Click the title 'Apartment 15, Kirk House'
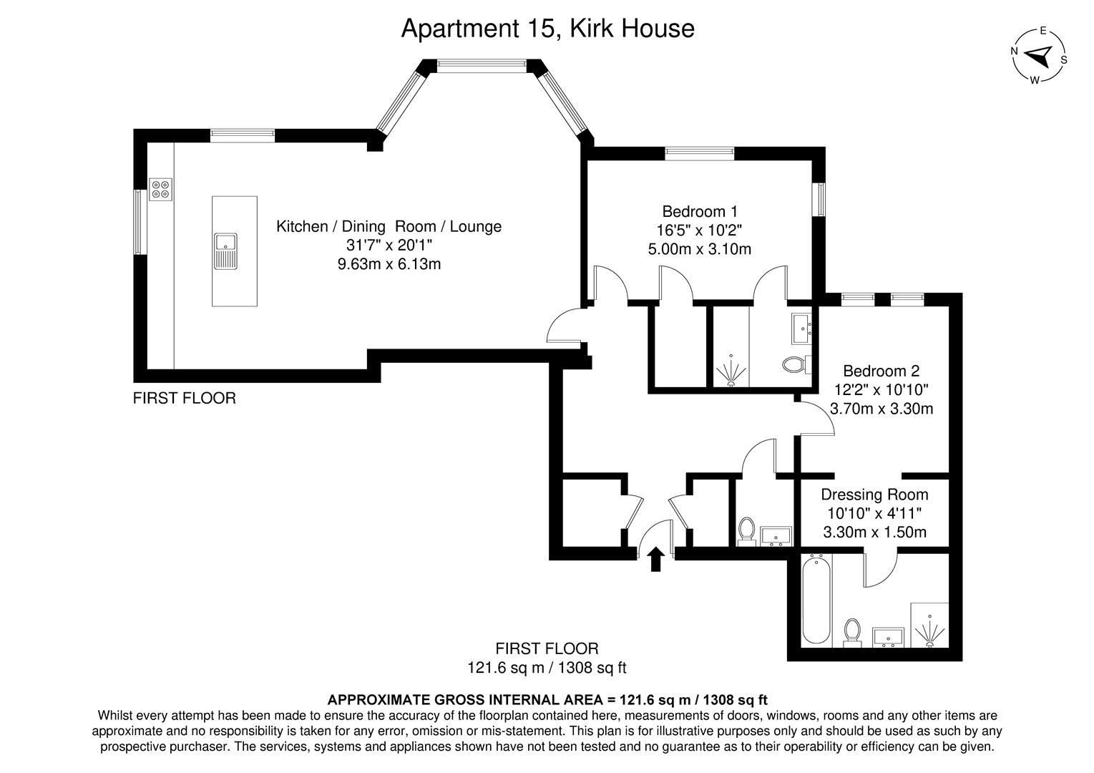pyautogui.click(x=547, y=29)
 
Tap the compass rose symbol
pyautogui.click(x=1040, y=55)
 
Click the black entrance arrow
pyautogui.click(x=655, y=560)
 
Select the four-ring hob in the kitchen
pyautogui.click(x=161, y=188)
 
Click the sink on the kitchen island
pyautogui.click(x=225, y=251)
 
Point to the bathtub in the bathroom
pyautogui.click(x=816, y=601)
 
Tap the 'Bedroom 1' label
pyautogui.click(x=699, y=212)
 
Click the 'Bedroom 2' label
pyautogui.click(x=881, y=371)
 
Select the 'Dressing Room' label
pyautogui.click(x=874, y=495)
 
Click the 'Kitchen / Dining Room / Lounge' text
pyautogui.click(x=389, y=226)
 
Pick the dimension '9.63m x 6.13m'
pyautogui.click(x=389, y=264)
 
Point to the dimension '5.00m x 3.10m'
pyautogui.click(x=699, y=249)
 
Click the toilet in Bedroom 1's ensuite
pyautogui.click(x=794, y=364)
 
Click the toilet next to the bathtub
pyautogui.click(x=851, y=632)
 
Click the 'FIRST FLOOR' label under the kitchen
pyautogui.click(x=184, y=398)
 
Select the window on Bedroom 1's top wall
pyautogui.click(x=699, y=152)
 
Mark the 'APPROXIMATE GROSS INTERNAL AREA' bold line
pyautogui.click(x=547, y=699)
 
